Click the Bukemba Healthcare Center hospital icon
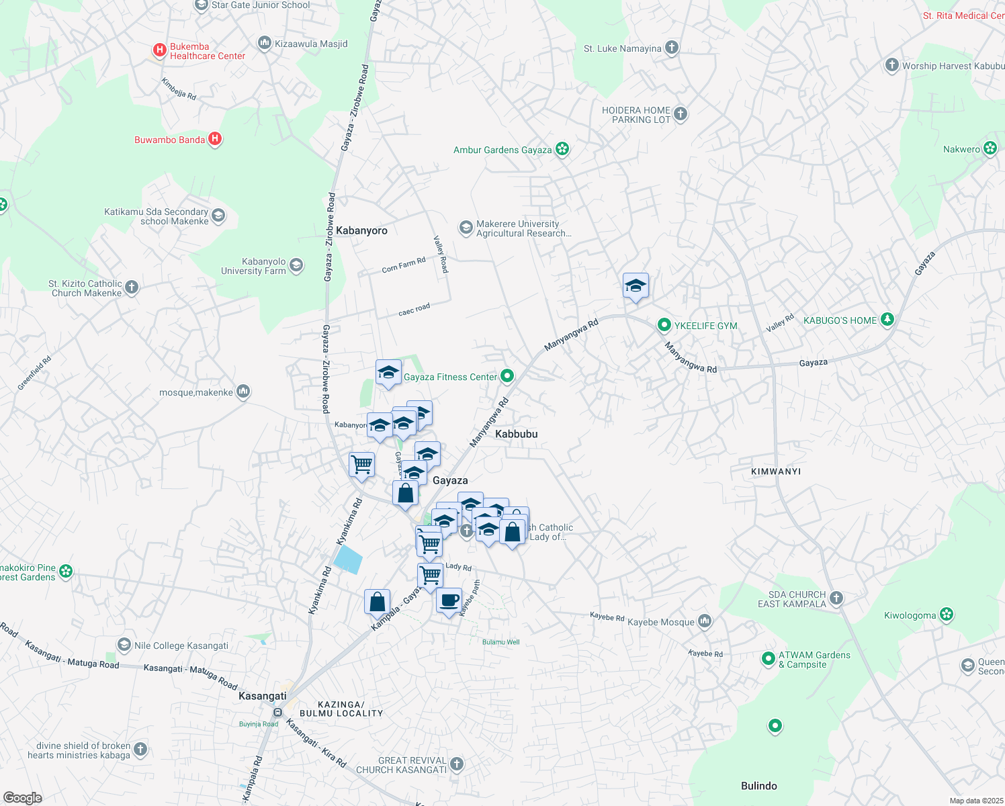click(x=160, y=50)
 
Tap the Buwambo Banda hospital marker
click(x=215, y=139)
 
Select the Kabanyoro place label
click(x=361, y=230)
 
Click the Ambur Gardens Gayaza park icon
click(x=563, y=149)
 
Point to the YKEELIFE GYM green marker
click(x=664, y=326)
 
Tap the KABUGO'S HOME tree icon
click(x=887, y=320)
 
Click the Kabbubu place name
click(x=516, y=434)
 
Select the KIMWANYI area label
click(x=776, y=472)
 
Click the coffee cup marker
click(x=449, y=600)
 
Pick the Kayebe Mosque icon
click(x=704, y=621)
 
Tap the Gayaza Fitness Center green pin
click(x=507, y=376)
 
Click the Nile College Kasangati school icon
click(x=124, y=645)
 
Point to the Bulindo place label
click(x=758, y=786)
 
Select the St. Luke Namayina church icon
click(x=672, y=48)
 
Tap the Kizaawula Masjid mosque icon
click(x=265, y=44)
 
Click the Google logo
click(x=22, y=798)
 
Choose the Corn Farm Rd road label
click(x=403, y=265)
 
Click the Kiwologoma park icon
click(x=947, y=615)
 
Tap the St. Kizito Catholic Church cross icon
click(x=132, y=287)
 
